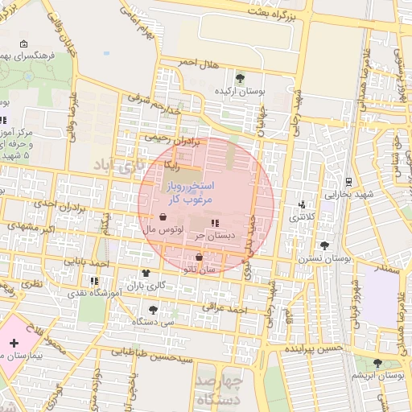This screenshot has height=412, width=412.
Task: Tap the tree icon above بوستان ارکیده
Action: (240, 78)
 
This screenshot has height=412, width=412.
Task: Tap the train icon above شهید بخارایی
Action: (348, 182)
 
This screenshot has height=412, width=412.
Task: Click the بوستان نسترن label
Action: (327, 258)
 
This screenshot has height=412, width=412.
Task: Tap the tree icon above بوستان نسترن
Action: (324, 245)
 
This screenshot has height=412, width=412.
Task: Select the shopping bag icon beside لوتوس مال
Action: (164, 217)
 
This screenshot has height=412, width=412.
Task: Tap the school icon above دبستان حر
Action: (214, 222)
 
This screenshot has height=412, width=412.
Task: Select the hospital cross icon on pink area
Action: (14, 344)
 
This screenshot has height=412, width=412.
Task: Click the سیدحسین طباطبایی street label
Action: (151, 352)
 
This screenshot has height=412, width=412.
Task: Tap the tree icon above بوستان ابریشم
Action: (378, 365)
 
